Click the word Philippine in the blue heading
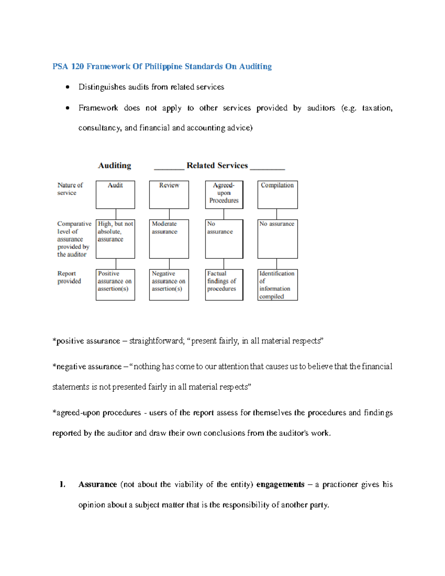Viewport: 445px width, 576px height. click(x=163, y=66)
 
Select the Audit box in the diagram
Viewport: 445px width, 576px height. click(x=115, y=195)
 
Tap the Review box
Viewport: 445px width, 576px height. click(x=169, y=195)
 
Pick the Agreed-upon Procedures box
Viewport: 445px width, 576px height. click(x=224, y=195)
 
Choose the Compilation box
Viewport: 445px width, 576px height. click(x=277, y=195)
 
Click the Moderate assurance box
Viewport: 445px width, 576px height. click(x=169, y=239)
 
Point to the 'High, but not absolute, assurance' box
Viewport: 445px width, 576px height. click(x=115, y=239)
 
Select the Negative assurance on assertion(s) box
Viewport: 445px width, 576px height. click(x=169, y=284)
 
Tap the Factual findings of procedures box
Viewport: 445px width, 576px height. click(x=224, y=284)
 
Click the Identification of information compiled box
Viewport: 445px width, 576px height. click(x=277, y=284)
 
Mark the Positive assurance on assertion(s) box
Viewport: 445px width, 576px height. click(x=115, y=284)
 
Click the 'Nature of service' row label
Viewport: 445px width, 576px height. click(x=70, y=189)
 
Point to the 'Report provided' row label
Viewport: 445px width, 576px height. click(x=69, y=277)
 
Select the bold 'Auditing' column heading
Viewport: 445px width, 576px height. click(x=115, y=165)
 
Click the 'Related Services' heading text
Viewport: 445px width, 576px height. click(x=217, y=165)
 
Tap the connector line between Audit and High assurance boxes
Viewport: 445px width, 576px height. click(x=116, y=214)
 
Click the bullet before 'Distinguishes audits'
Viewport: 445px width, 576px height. click(x=67, y=87)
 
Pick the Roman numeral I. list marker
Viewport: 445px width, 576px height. click(x=63, y=484)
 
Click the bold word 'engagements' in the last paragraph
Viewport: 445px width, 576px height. click(x=280, y=484)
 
